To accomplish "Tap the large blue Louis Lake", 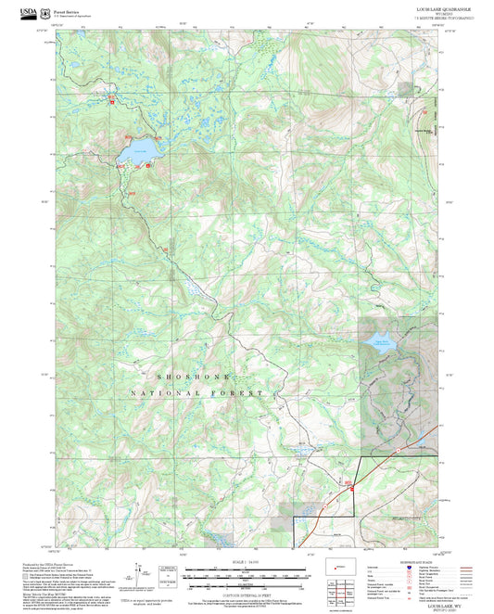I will click(138, 150).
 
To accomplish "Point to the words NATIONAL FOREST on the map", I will click(210, 393).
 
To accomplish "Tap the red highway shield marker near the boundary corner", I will click(350, 484).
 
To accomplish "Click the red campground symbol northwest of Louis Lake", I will click(113, 96).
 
